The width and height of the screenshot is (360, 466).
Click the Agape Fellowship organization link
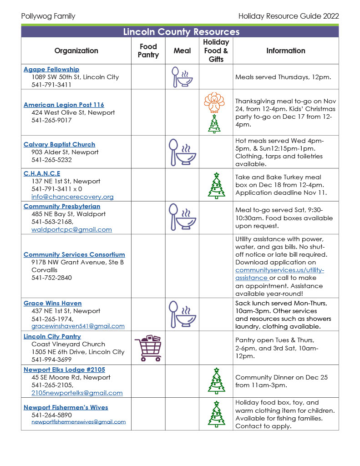tap(51, 69)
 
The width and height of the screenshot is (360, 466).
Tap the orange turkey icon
tap(214, 102)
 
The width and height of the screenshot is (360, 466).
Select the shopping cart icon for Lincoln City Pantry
tap(148, 348)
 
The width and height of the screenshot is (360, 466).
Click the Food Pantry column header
tap(148, 51)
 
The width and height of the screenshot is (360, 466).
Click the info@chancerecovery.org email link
tap(72, 197)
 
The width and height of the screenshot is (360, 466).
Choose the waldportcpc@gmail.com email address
tap(71, 229)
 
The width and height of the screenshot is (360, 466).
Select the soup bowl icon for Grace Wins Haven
tap(182, 314)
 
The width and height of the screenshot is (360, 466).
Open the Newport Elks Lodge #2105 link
tap(64, 370)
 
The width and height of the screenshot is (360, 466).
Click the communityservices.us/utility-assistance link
tap(279, 274)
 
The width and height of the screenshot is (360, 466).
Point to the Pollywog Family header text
tap(48, 16)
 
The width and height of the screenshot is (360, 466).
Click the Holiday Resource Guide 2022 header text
tap(289, 16)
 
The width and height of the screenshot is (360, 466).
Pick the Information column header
tap(285, 51)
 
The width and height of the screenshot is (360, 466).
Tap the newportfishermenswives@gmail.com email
tap(78, 422)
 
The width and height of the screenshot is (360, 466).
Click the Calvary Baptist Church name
tap(59, 144)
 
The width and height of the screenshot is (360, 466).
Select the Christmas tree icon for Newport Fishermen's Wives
tap(216, 415)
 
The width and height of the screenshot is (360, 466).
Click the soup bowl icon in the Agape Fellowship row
tap(182, 77)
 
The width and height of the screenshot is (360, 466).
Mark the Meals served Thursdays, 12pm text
tap(283, 77)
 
